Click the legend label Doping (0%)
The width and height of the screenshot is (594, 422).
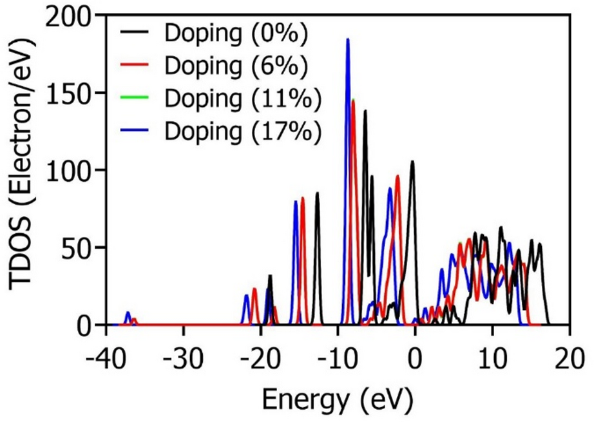[236, 32]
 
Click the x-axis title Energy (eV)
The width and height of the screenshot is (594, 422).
[336, 399]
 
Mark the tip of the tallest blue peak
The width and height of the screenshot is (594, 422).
[348, 39]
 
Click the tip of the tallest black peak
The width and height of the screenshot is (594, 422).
[365, 111]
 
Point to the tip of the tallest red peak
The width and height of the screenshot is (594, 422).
[353, 100]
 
